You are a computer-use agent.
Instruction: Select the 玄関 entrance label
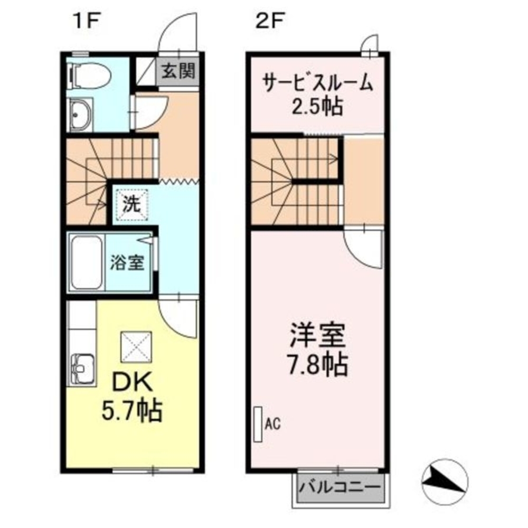(x=178, y=71)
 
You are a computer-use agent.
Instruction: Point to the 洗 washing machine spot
(x=130, y=204)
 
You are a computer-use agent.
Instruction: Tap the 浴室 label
(x=127, y=263)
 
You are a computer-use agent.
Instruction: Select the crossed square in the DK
(x=137, y=347)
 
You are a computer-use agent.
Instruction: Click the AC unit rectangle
(x=258, y=424)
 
